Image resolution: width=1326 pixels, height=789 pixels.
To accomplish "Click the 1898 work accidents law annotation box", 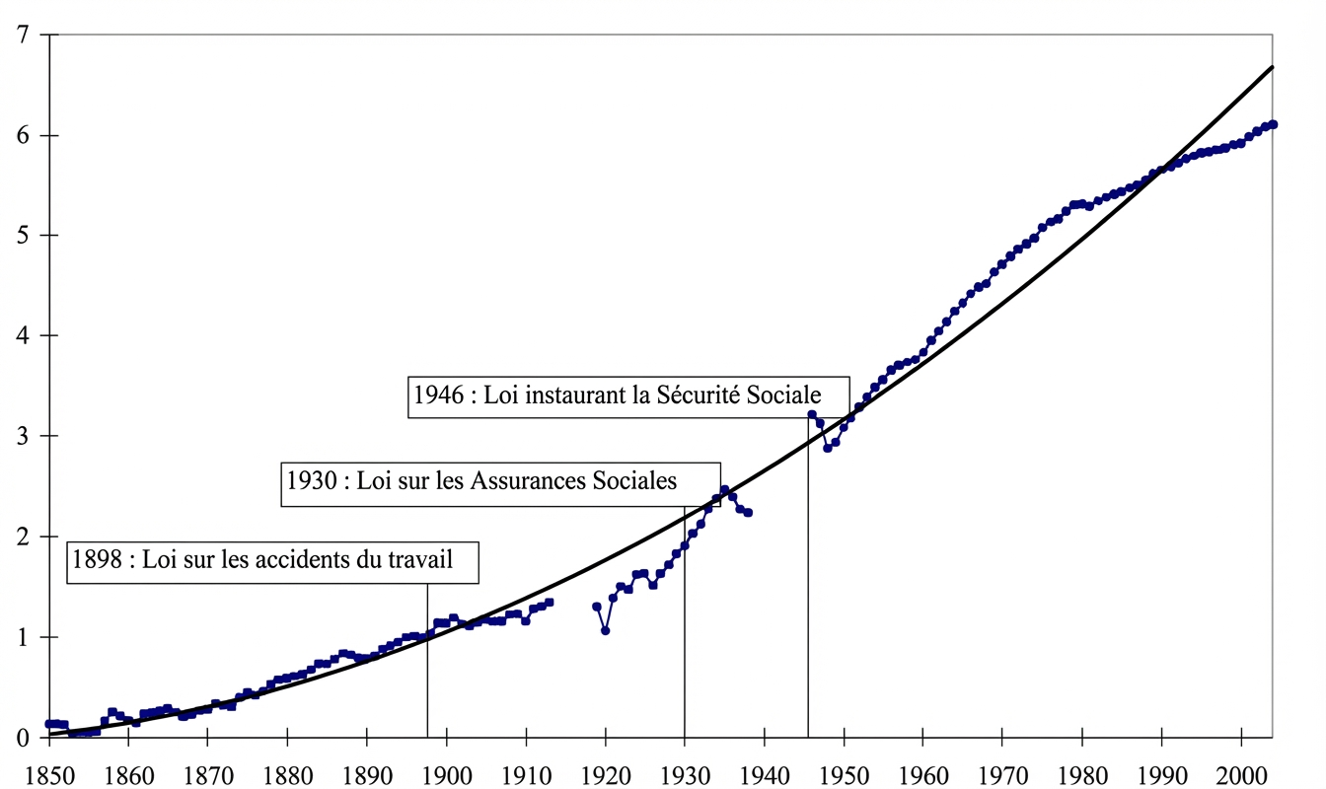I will (x=274, y=560).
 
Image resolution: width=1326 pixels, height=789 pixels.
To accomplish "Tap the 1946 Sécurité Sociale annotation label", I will (x=628, y=395).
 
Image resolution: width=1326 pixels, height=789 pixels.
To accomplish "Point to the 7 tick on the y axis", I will (x=22, y=36).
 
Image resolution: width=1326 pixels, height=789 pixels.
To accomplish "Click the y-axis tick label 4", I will (x=22, y=336).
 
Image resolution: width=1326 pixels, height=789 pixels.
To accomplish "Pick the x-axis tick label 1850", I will (x=48, y=770).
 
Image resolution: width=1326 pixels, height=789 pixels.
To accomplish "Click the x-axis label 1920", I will (x=605, y=770).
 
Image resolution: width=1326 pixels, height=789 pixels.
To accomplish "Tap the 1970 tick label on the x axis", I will (x=1002, y=770).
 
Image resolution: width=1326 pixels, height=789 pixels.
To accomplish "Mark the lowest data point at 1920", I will (x=605, y=630).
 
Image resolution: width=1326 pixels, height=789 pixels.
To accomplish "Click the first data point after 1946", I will (x=812, y=414).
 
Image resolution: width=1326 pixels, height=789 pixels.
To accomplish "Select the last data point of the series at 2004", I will (x=1273, y=124).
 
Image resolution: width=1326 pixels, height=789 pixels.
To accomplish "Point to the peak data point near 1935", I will (x=724, y=489).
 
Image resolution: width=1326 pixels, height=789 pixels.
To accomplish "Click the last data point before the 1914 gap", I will (x=550, y=602).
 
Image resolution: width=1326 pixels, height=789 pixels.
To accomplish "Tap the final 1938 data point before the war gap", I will (x=749, y=513).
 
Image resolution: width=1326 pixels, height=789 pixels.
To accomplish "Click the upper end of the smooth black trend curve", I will (x=1272, y=67).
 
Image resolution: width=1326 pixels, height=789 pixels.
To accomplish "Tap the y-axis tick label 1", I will (x=22, y=637).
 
